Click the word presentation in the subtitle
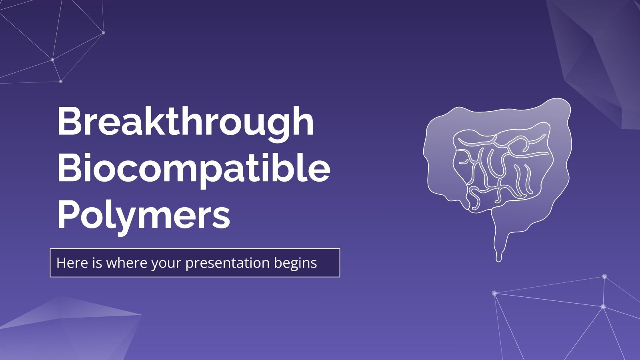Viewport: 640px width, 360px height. click(228, 263)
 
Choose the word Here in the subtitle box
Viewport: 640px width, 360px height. click(68, 263)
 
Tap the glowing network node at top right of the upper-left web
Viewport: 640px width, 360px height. click(104, 32)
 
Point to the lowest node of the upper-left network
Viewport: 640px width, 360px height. click(61, 81)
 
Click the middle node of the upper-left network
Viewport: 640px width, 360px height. click(52, 60)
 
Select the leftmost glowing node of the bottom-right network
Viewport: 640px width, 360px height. click(494, 293)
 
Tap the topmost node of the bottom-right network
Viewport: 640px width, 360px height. click(604, 276)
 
